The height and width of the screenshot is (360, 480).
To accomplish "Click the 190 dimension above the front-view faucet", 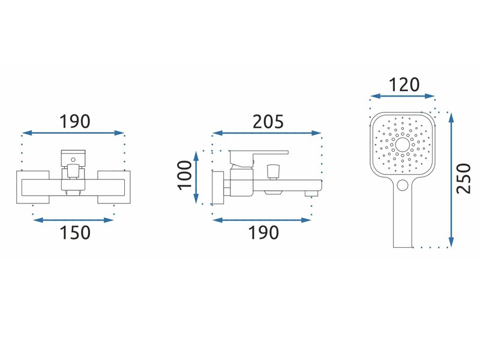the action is pyautogui.click(x=74, y=122).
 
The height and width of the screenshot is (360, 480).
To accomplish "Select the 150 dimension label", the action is pyautogui.click(x=75, y=233).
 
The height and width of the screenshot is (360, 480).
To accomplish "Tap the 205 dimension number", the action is pyautogui.click(x=268, y=122).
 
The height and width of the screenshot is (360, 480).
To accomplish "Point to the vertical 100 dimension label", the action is pyautogui.click(x=185, y=175).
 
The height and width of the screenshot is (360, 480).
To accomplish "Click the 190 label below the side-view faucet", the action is pyautogui.click(x=263, y=233).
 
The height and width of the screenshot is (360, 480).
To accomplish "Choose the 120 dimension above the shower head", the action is pyautogui.click(x=404, y=85).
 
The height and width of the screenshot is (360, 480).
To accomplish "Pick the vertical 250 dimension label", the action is pyautogui.click(x=463, y=179).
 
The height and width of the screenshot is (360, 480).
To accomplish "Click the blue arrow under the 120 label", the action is pyautogui.click(x=402, y=97).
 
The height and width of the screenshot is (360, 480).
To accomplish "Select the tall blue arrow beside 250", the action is pyautogui.click(x=451, y=179).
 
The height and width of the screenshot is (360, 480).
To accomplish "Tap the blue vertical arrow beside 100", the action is pyautogui.click(x=196, y=177).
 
